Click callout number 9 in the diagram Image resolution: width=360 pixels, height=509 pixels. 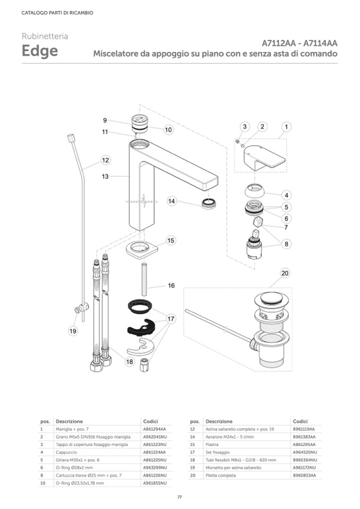(105, 120)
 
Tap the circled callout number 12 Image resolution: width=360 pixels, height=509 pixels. (105, 160)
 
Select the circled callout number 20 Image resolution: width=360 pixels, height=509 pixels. (285, 273)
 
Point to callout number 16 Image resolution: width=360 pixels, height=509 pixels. (171, 286)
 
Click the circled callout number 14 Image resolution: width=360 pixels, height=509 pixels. (172, 201)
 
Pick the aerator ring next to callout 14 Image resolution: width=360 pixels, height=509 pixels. (209, 203)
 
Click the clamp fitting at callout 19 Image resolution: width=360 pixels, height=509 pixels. (81, 308)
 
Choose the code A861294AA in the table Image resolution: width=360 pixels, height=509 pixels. (155, 428)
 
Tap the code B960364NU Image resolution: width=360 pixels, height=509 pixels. (305, 460)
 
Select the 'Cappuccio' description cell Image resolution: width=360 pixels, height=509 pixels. (66, 452)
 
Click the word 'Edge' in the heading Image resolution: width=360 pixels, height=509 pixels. (40, 52)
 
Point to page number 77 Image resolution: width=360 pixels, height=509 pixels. (179, 497)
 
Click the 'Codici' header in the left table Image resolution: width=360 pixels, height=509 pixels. (150, 421)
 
